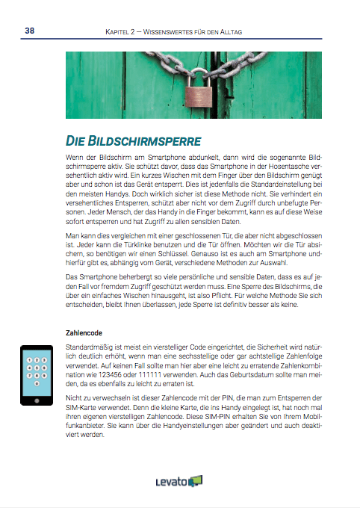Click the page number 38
point(29,31)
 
